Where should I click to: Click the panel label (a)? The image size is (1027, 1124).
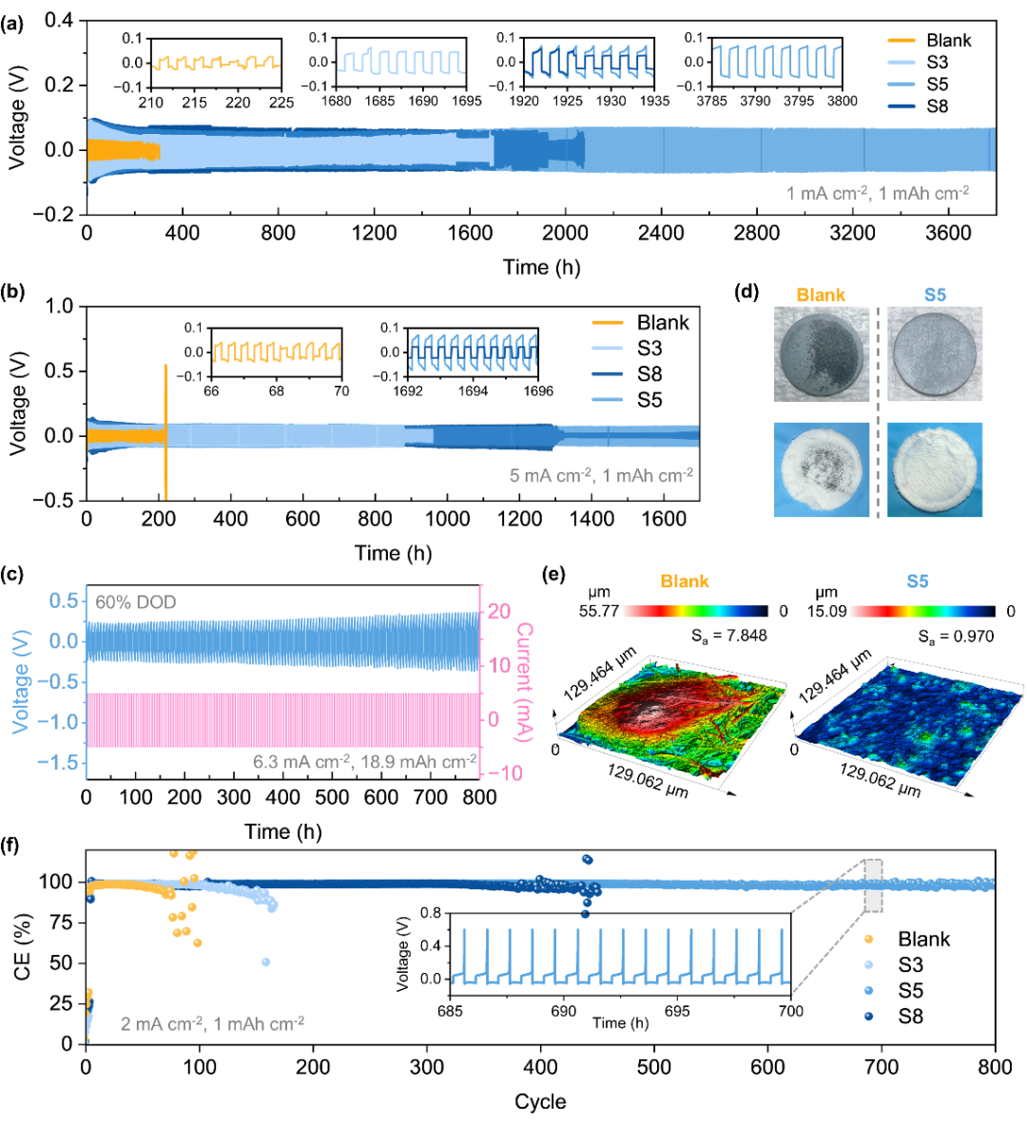click(13, 25)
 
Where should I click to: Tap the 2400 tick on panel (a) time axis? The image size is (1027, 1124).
click(661, 234)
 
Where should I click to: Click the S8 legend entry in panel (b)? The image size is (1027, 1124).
click(649, 374)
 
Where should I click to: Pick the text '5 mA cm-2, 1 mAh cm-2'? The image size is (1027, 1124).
click(601, 475)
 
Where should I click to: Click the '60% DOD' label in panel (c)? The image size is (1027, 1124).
click(135, 601)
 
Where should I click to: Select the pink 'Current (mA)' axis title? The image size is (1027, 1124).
click(525, 681)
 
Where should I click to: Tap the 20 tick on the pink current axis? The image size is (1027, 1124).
click(499, 612)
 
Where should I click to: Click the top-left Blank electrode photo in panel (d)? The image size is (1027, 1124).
click(821, 353)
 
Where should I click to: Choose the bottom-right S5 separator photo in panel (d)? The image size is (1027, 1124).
click(935, 469)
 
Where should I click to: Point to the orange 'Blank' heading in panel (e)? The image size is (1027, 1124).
click(685, 581)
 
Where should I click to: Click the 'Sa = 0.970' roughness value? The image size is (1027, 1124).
click(956, 636)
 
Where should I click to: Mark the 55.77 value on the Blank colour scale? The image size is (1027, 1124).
click(599, 611)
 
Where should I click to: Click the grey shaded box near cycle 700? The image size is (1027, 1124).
click(873, 886)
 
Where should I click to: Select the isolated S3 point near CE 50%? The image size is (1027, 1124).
click(265, 962)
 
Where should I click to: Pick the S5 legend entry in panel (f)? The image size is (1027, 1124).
click(910, 991)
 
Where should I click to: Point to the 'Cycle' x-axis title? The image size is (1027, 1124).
click(540, 1102)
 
